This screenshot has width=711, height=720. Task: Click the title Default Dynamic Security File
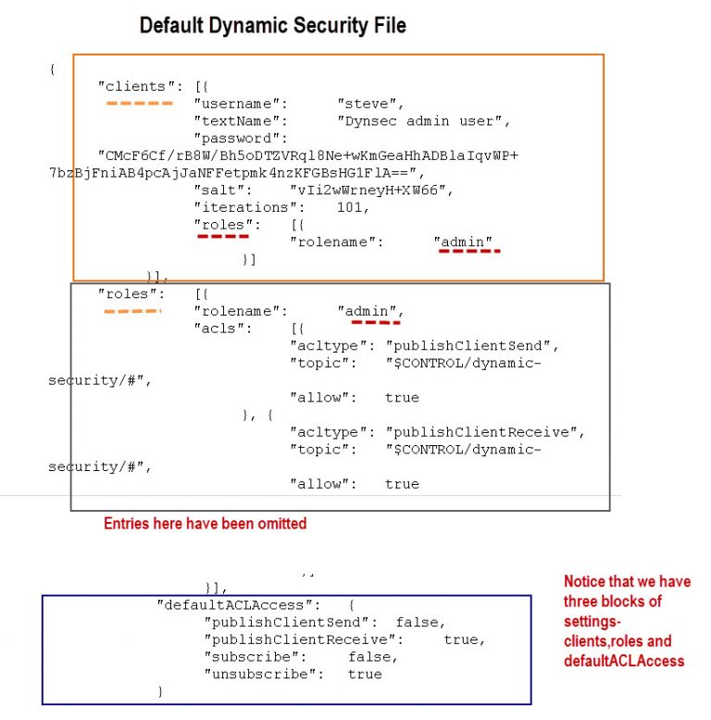[x=272, y=26]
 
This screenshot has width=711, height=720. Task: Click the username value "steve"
[x=369, y=104]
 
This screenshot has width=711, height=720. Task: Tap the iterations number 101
[x=352, y=207]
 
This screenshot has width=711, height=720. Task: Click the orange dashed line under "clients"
[x=139, y=103]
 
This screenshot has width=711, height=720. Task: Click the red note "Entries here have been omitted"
[x=205, y=524]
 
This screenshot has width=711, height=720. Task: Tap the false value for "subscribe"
[x=373, y=657]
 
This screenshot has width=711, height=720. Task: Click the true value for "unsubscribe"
[x=365, y=675]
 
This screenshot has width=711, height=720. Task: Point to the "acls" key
[x=219, y=329]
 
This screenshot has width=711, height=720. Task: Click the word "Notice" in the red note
[x=589, y=582]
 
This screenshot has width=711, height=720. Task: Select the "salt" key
[x=219, y=191]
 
